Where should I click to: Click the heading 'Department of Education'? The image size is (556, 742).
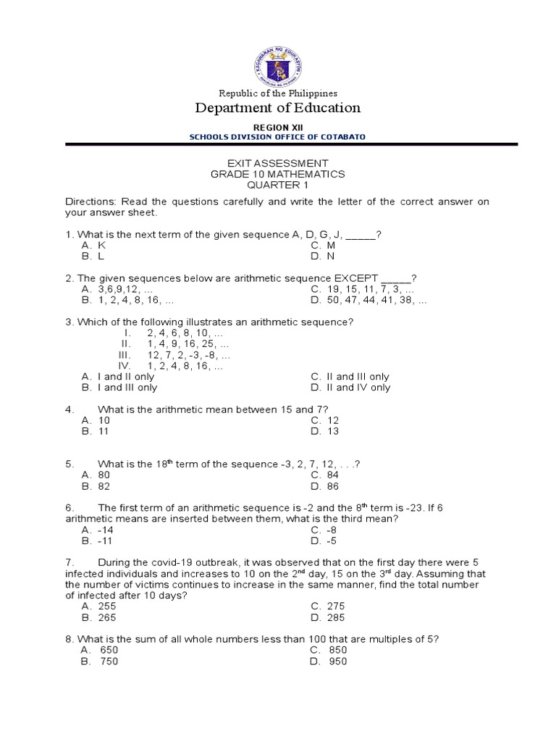(278, 108)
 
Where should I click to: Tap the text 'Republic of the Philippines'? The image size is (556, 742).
(278, 93)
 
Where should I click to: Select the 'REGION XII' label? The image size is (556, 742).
(278, 128)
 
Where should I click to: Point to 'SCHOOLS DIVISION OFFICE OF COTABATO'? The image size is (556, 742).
(278, 137)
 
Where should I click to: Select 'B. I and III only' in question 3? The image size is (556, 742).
(119, 388)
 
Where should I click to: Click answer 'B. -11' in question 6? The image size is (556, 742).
(98, 541)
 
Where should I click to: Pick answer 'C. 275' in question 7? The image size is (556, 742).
(328, 606)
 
